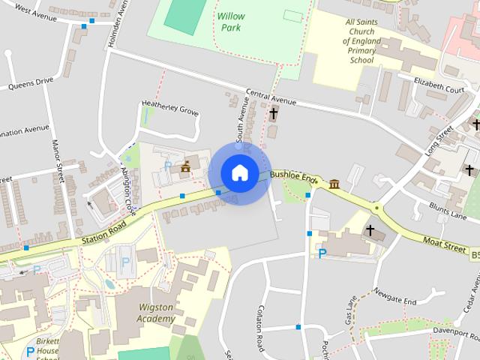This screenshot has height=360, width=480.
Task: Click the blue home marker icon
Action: tap(239, 172)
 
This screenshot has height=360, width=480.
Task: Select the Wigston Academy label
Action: tap(157, 313)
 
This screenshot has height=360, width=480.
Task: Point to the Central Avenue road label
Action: tap(271, 98)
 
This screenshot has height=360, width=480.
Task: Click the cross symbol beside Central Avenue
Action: tap(273, 114)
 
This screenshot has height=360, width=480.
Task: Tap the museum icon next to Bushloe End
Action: tap(333, 184)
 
